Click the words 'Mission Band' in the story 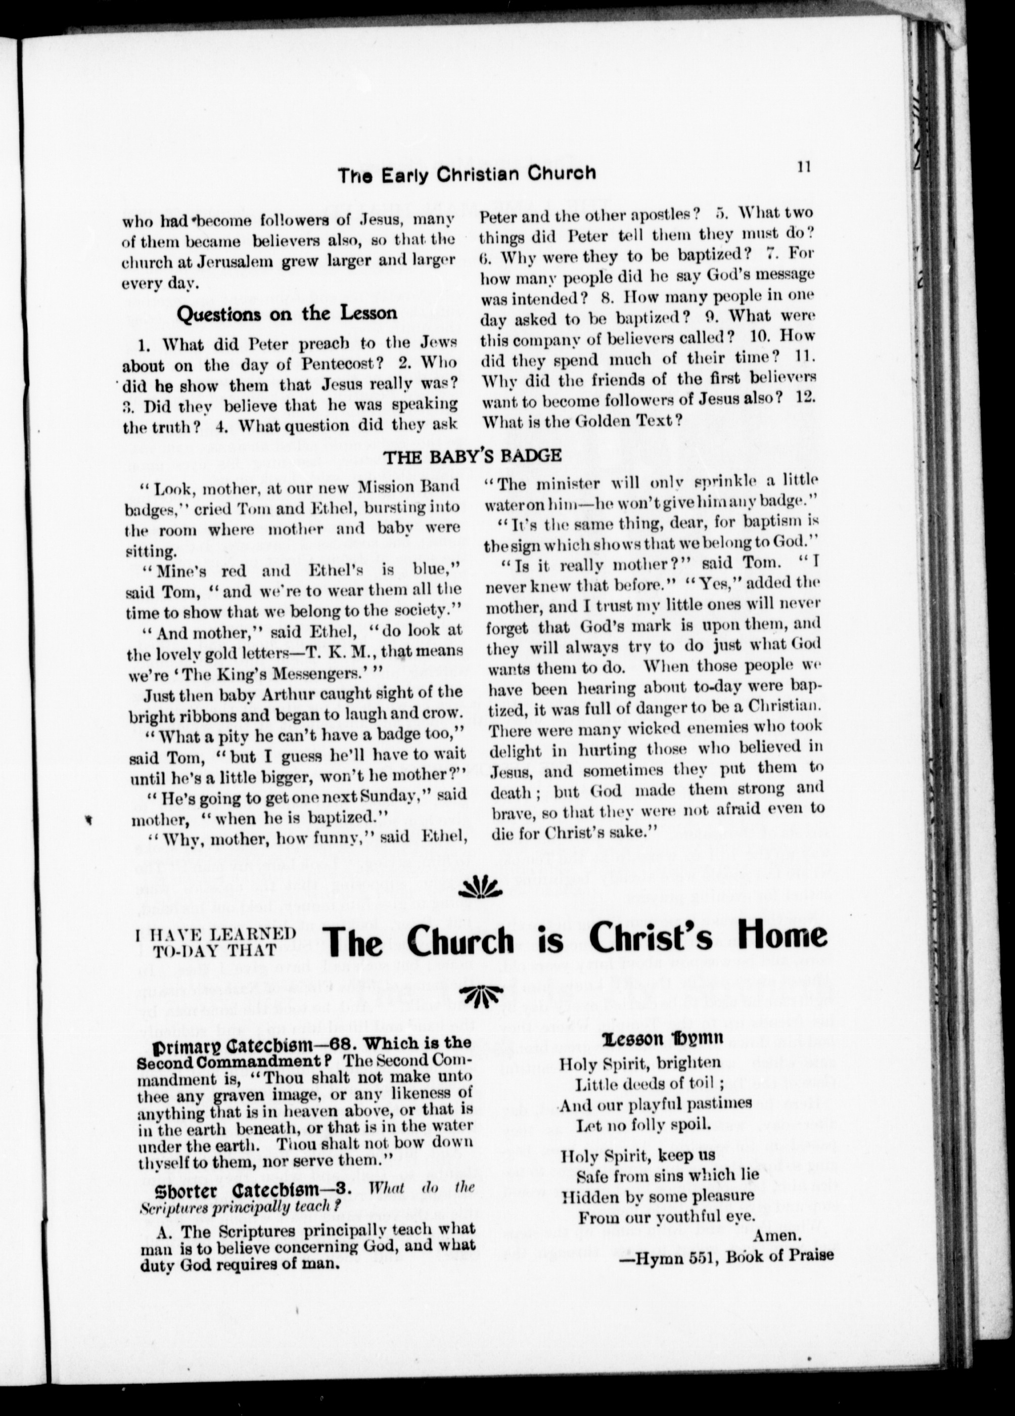(x=404, y=485)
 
